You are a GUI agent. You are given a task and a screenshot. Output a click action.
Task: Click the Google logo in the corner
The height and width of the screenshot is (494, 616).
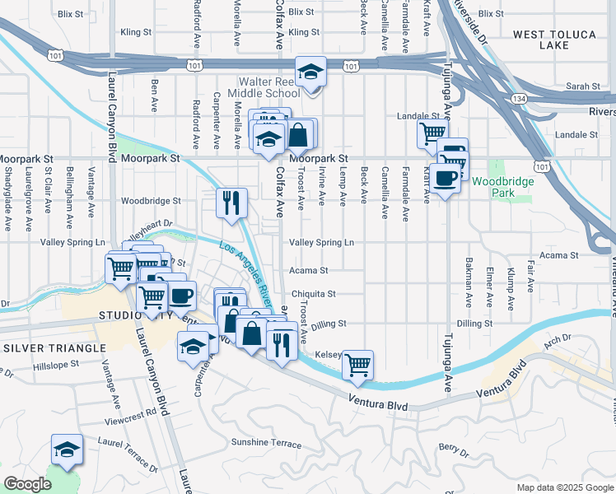(x=27, y=483)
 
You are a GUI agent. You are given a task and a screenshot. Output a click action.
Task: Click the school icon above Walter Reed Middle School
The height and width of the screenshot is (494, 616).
(x=310, y=72)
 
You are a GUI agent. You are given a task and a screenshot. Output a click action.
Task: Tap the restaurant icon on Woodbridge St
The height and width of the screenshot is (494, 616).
(x=231, y=201)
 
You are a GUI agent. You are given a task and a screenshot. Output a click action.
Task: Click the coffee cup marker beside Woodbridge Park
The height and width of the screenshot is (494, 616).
(x=446, y=178)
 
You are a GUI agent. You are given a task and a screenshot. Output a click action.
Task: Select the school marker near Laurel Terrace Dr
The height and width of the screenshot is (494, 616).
(x=67, y=450)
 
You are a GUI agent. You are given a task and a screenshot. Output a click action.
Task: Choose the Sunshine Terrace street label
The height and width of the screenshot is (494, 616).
(x=266, y=443)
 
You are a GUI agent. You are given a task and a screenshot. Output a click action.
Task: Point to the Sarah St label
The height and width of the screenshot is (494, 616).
(x=583, y=86)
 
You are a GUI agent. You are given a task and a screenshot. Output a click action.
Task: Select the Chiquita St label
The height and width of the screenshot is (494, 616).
(x=313, y=294)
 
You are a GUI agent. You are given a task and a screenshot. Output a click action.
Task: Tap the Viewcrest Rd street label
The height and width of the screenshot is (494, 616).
(x=131, y=416)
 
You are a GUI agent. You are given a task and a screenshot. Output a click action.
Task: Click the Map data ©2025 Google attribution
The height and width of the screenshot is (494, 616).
(x=564, y=487)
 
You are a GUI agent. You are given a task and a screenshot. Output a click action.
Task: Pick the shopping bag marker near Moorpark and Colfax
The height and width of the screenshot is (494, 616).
(x=301, y=133)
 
